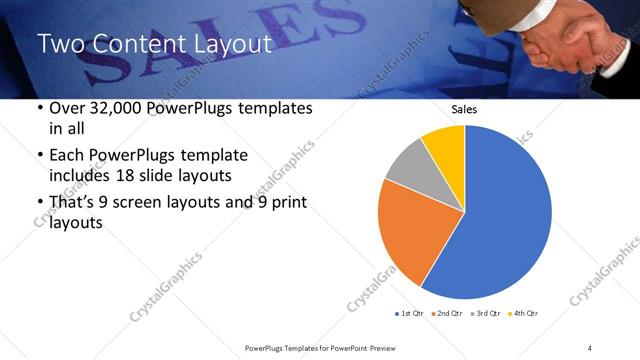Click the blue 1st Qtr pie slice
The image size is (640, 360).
pos(505,215)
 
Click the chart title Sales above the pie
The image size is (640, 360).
pos(464,109)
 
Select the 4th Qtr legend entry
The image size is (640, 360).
pos(525,314)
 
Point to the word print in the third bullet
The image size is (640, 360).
pos(288,203)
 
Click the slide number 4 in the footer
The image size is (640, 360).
pos(590,347)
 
